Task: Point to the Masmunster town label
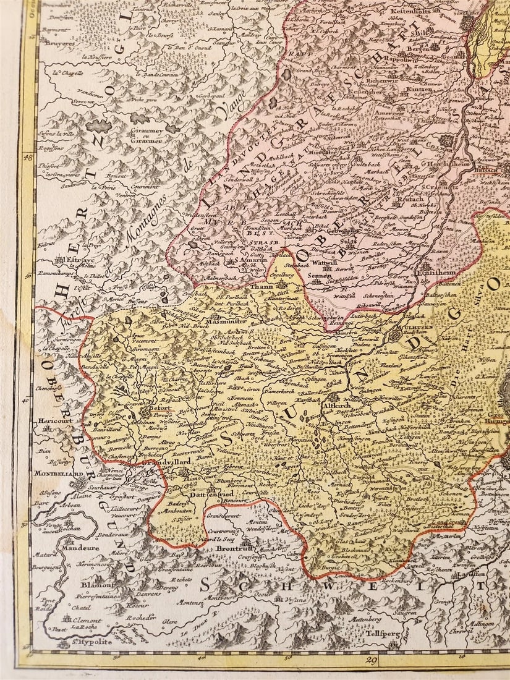pos(225,321)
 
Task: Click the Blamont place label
pos(95,584)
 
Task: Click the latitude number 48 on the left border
pos(27,158)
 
